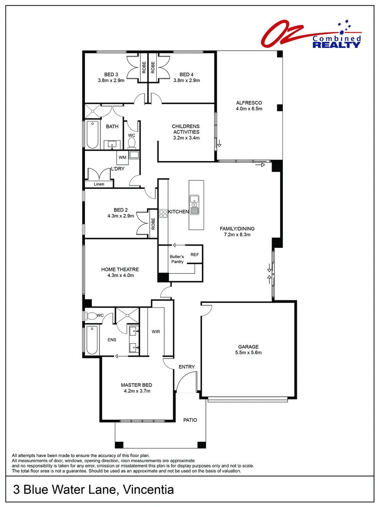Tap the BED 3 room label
pyautogui.click(x=111, y=74)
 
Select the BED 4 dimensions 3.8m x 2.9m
pyautogui.click(x=186, y=80)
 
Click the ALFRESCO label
pyautogui.click(x=249, y=102)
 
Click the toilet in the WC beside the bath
pyautogui.click(x=132, y=141)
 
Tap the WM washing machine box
pyautogui.click(x=122, y=157)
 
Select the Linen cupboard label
pyautogui.click(x=99, y=184)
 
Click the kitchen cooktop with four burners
pyautogui.click(x=163, y=214)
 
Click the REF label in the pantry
pyautogui.click(x=194, y=254)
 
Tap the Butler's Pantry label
pyautogui.click(x=177, y=259)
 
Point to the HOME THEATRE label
pyautogui.click(x=120, y=269)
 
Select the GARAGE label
pyautogui.click(x=249, y=346)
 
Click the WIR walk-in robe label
pyautogui.click(x=156, y=331)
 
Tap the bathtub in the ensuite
pyautogui.click(x=92, y=340)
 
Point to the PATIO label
pyautogui.click(x=190, y=420)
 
